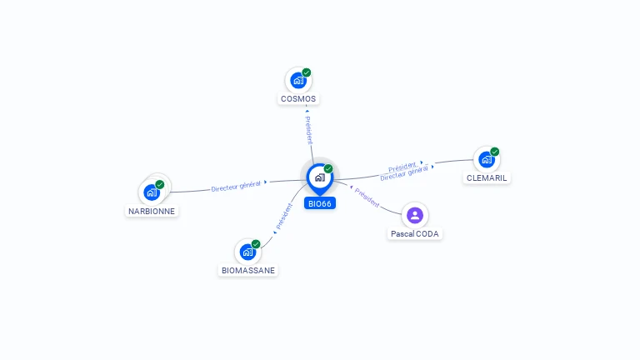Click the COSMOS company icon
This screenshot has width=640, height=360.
pos(298,80)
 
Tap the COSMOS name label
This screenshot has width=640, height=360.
pos(298,99)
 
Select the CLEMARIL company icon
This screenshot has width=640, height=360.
pos(487,160)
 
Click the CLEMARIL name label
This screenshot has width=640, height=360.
pos(487,178)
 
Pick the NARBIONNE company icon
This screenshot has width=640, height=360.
pos(152,192)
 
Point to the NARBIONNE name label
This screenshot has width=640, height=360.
pos(152,211)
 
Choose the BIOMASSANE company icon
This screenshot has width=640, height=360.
pos(247,252)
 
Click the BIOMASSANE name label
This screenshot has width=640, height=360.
pos(248,270)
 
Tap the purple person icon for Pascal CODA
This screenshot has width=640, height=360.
pos(415,215)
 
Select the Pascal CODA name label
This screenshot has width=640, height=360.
pos(415,234)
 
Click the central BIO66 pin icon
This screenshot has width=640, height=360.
pos(320,178)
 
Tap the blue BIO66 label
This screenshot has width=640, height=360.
pos(320,203)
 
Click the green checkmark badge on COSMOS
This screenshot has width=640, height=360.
pos(307,72)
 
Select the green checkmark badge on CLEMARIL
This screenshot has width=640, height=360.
pos(495,152)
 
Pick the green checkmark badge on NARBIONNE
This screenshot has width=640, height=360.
pos(160,184)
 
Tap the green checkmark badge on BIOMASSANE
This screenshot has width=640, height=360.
pos(256,244)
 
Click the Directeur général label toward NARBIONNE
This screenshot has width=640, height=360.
pos(236,186)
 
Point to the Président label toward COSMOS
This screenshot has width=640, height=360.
pos(309,130)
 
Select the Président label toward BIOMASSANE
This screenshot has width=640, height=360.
pos(284,217)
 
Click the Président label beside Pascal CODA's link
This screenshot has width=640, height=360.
pos(367,197)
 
